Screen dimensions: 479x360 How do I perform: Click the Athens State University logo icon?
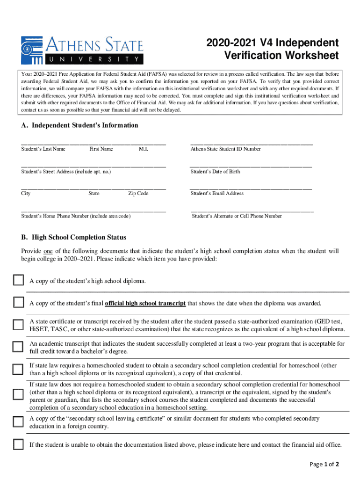coord(31,50)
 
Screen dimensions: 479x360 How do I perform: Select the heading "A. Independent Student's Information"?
coord(79,125)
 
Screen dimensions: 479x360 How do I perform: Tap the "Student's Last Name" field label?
coord(43,149)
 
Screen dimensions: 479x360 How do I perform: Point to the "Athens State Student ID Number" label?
coord(225,149)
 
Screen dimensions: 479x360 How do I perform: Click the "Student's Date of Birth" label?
coord(215,172)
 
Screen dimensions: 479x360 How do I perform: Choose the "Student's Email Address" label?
coord(217,193)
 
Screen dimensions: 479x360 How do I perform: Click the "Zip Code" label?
coord(138,193)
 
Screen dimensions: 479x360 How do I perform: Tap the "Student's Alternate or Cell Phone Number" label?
coord(237,216)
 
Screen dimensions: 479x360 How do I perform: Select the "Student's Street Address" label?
coord(66,172)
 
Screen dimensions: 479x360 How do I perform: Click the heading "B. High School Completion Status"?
coord(73,238)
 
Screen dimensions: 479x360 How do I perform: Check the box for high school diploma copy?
coord(18,281)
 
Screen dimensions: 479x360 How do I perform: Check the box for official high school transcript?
coord(18,302)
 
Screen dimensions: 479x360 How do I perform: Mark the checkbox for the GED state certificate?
coord(18,325)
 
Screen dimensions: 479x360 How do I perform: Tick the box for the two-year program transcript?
coord(18,347)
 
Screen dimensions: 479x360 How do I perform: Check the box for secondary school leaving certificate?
coord(18,422)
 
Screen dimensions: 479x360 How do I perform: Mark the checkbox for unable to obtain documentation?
coord(18,444)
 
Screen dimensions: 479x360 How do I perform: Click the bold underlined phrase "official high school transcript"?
coord(145,303)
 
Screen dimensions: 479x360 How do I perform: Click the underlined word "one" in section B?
coord(48,251)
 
